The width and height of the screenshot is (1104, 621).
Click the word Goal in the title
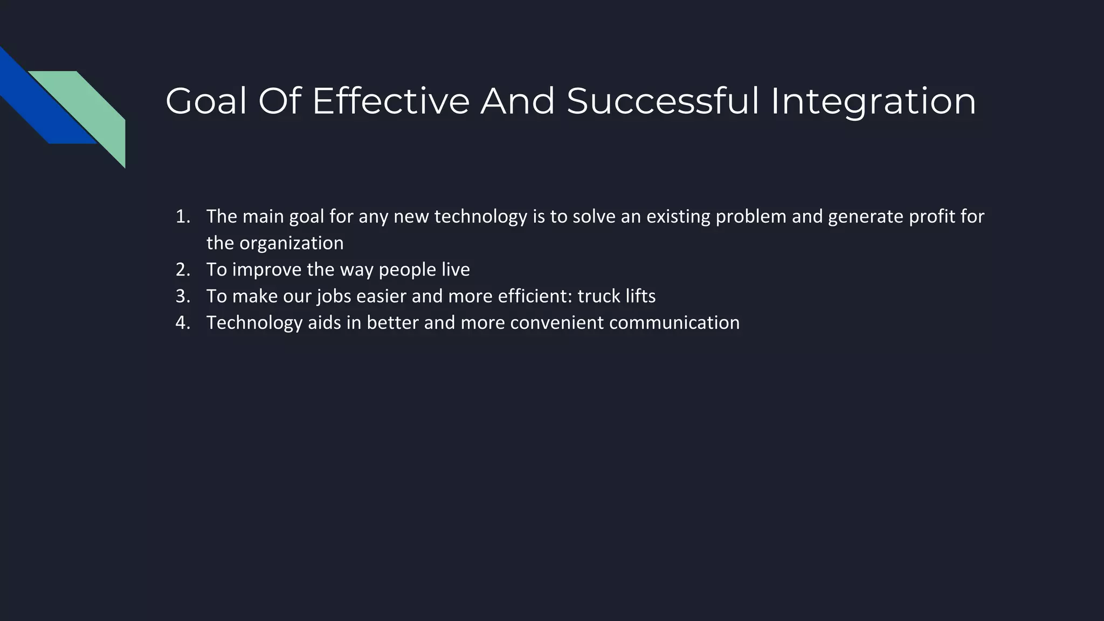click(205, 101)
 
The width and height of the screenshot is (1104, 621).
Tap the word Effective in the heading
click(391, 101)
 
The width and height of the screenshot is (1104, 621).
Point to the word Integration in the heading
click(873, 101)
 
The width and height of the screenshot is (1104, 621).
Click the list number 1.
click(182, 217)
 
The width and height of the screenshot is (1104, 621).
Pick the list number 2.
click(182, 270)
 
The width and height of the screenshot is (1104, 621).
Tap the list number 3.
click(182, 296)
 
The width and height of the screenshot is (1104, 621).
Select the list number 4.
click(182, 322)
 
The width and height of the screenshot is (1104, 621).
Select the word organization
click(291, 243)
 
